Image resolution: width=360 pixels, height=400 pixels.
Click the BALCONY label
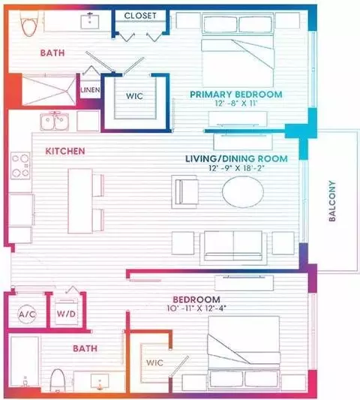[x=332, y=201]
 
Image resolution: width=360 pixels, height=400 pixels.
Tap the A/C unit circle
[x=27, y=314]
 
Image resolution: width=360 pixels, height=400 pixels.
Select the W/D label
[x=66, y=314]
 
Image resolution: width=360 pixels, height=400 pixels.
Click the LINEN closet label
[x=90, y=90]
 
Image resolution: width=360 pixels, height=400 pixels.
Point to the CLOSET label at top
[x=140, y=16]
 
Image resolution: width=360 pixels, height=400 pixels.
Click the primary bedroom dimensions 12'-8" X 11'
[x=236, y=104]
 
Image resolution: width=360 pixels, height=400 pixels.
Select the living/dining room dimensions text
[x=236, y=168]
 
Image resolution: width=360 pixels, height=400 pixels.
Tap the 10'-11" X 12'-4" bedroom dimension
[x=196, y=308]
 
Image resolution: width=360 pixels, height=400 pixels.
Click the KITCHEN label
[x=65, y=151]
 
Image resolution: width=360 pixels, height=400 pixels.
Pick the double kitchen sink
[x=54, y=122]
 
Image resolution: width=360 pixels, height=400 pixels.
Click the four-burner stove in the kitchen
[x=20, y=166]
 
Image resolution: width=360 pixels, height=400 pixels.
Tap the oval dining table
[x=243, y=191]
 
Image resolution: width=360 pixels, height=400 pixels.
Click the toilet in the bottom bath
[x=58, y=380]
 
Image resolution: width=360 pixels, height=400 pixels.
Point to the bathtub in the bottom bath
[x=25, y=362]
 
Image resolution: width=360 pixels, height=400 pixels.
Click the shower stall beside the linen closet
[x=49, y=89]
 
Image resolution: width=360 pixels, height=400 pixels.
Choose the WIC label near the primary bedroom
[x=134, y=96]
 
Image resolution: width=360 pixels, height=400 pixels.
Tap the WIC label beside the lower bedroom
[x=154, y=362]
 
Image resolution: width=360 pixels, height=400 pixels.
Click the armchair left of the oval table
[x=184, y=191]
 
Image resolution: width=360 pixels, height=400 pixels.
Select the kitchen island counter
[x=80, y=201]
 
